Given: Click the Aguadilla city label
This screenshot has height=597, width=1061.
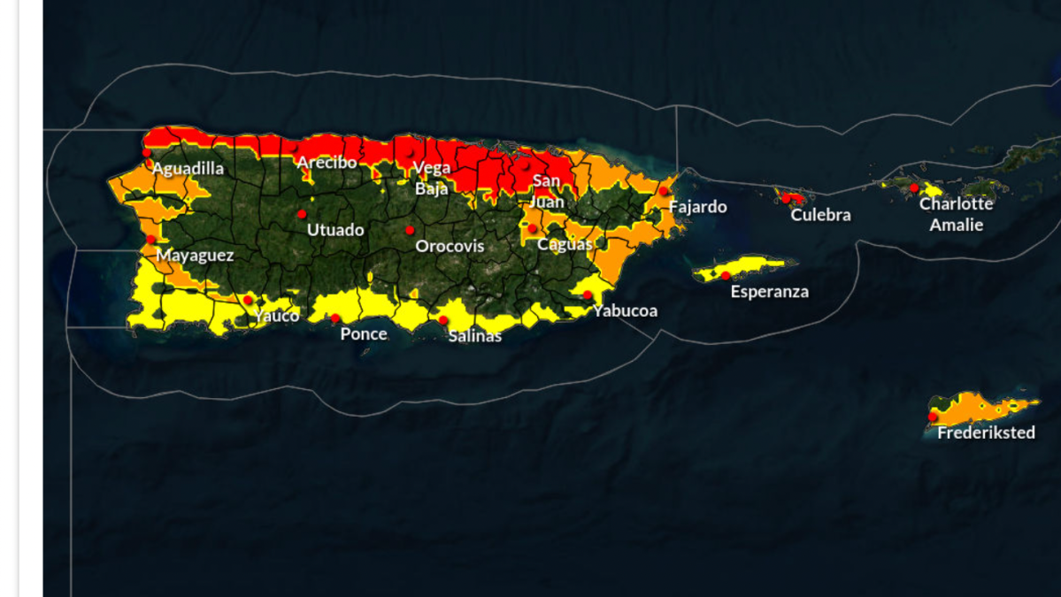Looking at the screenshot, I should (188, 169).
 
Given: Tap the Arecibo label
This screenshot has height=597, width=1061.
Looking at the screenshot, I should (327, 163).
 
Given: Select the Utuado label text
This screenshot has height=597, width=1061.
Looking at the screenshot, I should (335, 230).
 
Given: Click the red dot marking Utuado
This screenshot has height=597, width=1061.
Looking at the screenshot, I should (302, 214).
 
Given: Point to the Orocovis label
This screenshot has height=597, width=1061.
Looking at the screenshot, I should (450, 246).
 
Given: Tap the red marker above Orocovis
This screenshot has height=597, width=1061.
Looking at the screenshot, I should (410, 230).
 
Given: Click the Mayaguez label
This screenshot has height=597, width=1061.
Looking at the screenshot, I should (195, 256).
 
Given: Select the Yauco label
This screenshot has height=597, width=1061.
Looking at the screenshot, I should (276, 316).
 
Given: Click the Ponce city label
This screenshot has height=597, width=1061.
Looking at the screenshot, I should (364, 333).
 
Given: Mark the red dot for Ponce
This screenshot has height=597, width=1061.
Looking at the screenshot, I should (335, 318).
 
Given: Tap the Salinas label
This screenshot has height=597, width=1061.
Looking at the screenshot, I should (474, 336).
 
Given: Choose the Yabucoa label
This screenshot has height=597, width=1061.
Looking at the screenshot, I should (625, 310).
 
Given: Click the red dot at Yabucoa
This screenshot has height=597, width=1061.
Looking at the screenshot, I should (588, 295).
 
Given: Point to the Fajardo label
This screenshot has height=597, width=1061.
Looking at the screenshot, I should (697, 207).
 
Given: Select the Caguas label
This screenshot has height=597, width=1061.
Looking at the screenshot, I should (564, 244).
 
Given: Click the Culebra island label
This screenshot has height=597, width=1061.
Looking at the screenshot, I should (820, 215).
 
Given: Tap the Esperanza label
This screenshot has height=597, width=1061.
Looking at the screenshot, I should (769, 292).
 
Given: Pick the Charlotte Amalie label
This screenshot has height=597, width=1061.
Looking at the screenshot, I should (956, 214).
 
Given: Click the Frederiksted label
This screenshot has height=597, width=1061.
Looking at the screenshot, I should (986, 432).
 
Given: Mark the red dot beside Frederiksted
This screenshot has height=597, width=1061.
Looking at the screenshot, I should (933, 417).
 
